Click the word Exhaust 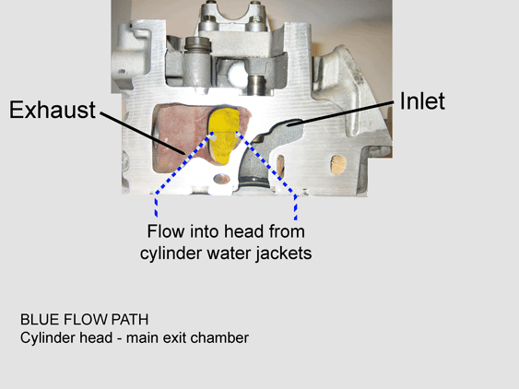[53, 110]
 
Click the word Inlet [422, 101]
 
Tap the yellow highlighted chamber [224, 136]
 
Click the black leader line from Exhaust [143, 133]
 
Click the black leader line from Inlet [340, 113]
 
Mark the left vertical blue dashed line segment [156, 206]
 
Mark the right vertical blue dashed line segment [296, 207]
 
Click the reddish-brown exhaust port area [181, 137]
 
